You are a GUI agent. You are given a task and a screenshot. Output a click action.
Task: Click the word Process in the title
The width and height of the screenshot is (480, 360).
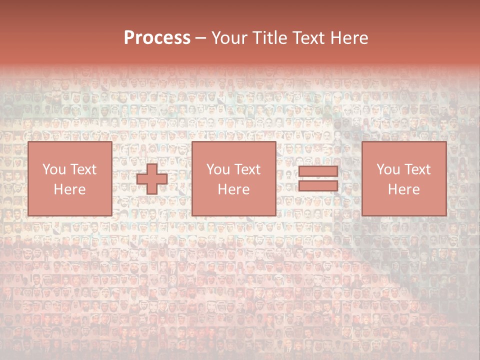tap(157, 38)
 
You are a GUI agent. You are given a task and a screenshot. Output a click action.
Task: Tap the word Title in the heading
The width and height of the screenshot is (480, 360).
tap(269, 38)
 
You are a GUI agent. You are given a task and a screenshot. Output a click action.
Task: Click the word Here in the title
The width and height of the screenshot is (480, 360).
tap(350, 38)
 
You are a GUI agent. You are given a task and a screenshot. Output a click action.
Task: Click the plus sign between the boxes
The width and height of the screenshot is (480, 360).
tap(152, 179)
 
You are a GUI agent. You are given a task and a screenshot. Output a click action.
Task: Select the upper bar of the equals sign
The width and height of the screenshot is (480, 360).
tap(318, 172)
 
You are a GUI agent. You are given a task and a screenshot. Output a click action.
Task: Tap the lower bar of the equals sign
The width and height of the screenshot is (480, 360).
tap(318, 186)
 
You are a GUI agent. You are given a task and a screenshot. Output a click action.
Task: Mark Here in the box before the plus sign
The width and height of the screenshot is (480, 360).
tap(69, 189)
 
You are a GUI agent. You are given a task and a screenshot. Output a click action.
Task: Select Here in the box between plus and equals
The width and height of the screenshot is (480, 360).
tap(233, 189)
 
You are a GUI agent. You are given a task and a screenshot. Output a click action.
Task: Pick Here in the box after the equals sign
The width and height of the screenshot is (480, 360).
tap(403, 189)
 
